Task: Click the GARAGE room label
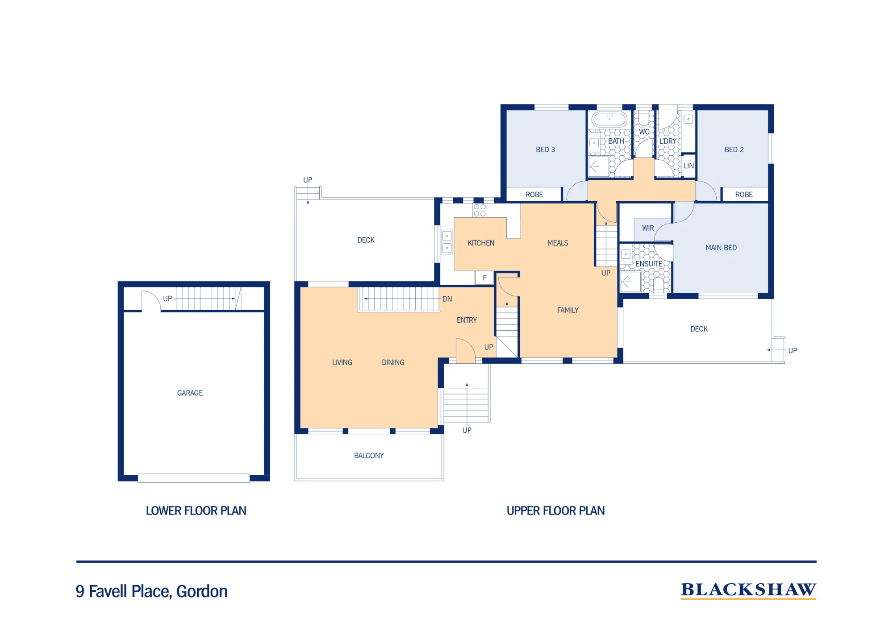tap(190, 393)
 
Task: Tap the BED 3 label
tap(545, 149)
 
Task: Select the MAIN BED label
tap(721, 248)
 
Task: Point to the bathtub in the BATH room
tap(609, 119)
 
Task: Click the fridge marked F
tap(484, 278)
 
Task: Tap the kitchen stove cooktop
tap(480, 210)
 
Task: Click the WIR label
tap(648, 228)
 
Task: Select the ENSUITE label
tap(649, 264)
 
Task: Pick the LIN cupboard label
tap(689, 166)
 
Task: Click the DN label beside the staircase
tap(447, 299)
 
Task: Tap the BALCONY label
tap(369, 456)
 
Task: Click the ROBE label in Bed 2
tap(744, 195)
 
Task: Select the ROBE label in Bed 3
tap(534, 195)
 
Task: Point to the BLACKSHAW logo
tap(749, 590)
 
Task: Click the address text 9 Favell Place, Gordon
tap(151, 591)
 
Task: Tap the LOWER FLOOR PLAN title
tap(196, 511)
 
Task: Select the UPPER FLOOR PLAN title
tap(555, 511)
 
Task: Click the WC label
tap(644, 132)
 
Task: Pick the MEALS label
tap(558, 243)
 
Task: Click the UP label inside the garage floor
tap(167, 299)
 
